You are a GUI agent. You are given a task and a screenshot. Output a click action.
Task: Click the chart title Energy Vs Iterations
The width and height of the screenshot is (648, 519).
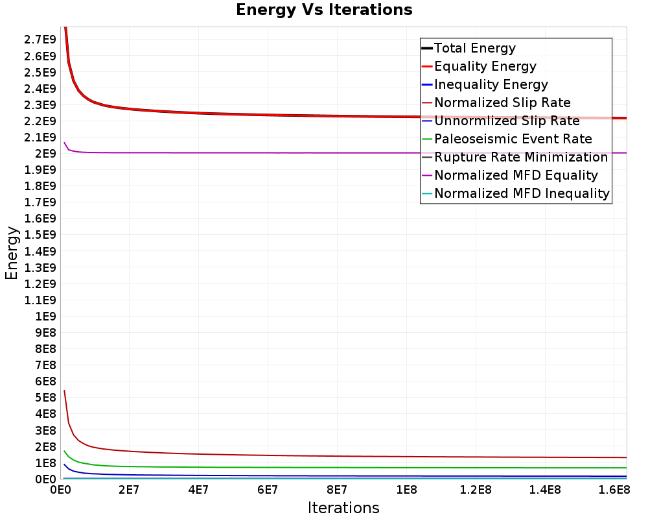coord(324,10)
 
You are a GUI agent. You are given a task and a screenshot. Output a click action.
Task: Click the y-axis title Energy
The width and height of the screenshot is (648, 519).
coord(12,252)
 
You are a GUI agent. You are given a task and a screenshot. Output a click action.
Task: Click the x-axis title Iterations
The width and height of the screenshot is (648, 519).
coord(343,507)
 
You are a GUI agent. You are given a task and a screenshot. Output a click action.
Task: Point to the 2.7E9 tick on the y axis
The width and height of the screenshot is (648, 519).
coord(40,40)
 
